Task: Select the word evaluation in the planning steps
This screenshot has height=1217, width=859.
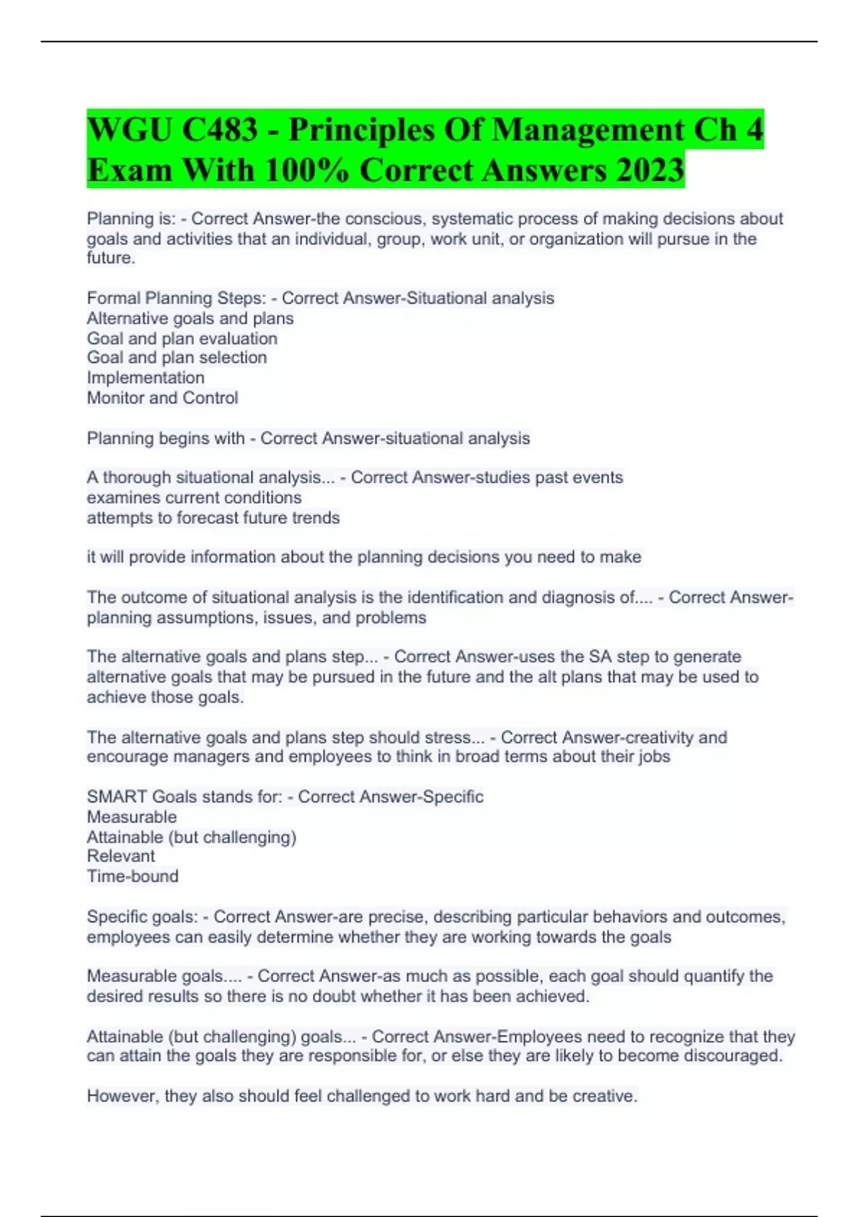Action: coord(239,339)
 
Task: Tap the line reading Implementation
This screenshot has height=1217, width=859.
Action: coord(145,378)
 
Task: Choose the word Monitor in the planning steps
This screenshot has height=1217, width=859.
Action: coord(115,398)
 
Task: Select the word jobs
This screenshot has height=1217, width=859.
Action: coord(654,757)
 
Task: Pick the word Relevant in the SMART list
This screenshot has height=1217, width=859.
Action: coord(121,856)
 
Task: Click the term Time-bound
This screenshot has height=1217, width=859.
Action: coord(132,876)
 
